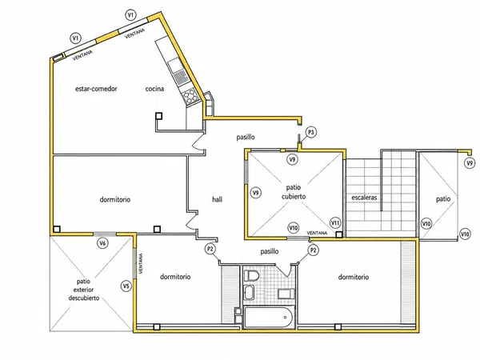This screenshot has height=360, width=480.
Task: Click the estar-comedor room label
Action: click(96, 89)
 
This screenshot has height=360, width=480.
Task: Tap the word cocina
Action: click(154, 89)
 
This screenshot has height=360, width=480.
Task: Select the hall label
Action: click(217, 199)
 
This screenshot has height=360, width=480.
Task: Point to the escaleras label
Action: click(364, 198)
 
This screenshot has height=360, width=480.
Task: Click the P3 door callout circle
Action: click(311, 132)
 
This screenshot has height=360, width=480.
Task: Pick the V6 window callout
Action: click(103, 243)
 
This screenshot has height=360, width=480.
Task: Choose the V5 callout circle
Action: click(126, 286)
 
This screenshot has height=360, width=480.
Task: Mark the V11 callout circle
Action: click(335, 223)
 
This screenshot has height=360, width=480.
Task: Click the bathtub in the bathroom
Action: click(269, 317)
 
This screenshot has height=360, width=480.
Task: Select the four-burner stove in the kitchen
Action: click(189, 96)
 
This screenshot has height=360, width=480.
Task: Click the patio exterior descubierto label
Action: click(84, 290)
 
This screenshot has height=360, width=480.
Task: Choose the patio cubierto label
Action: click(294, 192)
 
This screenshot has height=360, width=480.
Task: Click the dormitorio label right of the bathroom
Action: click(354, 277)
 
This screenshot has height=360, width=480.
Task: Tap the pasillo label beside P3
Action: click(246, 137)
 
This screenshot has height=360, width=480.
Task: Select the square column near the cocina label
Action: click(158, 116)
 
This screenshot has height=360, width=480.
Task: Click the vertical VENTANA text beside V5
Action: click(141, 263)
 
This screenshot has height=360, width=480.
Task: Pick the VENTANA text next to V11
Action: click(317, 233)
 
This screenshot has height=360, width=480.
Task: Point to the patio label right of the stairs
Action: click(443, 199)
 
